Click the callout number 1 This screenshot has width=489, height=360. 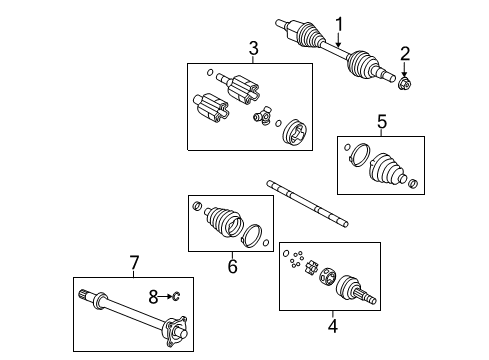tap(339, 23)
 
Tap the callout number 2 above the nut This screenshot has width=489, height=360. tap(405, 53)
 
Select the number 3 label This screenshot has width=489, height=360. tap(253, 47)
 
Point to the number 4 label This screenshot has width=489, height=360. tap(331, 322)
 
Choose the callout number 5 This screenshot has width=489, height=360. tap(381, 122)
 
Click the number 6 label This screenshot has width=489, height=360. tap(231, 266)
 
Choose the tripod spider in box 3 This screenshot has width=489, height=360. tap(262, 119)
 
